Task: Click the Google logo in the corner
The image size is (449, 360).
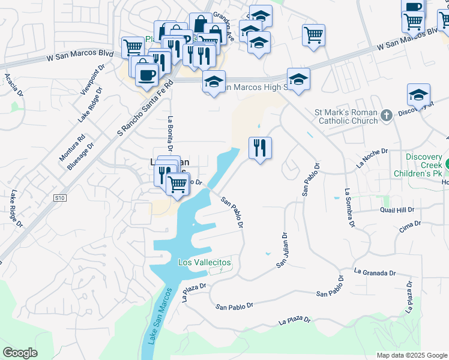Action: click(20, 353)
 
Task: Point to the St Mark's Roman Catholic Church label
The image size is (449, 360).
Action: click(346, 116)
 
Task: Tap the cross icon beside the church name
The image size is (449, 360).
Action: click(387, 115)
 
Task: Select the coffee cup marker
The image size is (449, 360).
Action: click(146, 75)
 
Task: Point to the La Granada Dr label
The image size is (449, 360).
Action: click(375, 272)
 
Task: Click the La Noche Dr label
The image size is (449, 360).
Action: click(372, 158)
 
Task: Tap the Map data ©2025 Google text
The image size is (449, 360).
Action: click(411, 355)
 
